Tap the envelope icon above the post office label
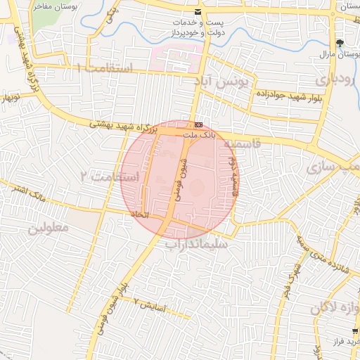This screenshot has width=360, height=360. [x=197, y=12]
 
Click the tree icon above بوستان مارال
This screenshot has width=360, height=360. [x=341, y=43]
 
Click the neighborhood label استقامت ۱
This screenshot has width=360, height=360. [x=105, y=68]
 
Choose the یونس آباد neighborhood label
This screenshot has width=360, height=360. [x=222, y=82]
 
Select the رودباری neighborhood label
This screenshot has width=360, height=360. [x=337, y=79]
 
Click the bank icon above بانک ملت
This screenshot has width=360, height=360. [x=198, y=124]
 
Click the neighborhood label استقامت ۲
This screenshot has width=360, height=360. [x=105, y=176]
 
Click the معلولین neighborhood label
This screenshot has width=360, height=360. [x=49, y=229]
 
